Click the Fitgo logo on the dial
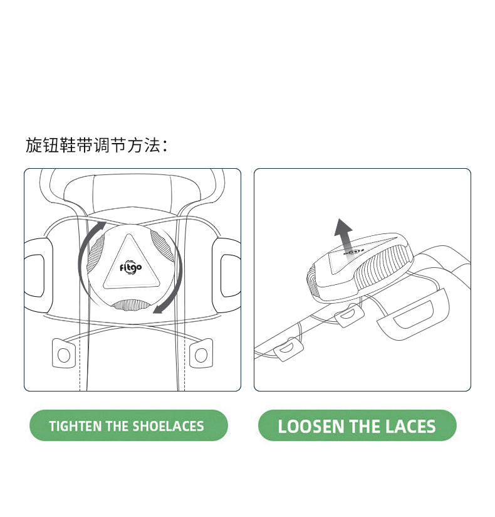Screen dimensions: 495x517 coord(130,267)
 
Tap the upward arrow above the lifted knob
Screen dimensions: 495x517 coord(344,235)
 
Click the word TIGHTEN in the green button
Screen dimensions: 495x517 coord(75,425)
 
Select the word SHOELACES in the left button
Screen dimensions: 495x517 coord(168,425)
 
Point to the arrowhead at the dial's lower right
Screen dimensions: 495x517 coord(159,309)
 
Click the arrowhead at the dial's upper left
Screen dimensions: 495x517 coord(102,225)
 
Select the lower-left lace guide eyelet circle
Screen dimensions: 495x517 coord(64,355)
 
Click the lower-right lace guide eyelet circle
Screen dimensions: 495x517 coord(201,354)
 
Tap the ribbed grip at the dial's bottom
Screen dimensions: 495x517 coord(132,305)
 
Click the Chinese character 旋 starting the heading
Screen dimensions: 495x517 coord(34,145)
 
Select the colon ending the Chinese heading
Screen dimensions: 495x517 coord(165,146)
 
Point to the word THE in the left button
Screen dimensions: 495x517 coord(117,425)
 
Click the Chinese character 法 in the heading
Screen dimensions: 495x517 coord(152,145)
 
